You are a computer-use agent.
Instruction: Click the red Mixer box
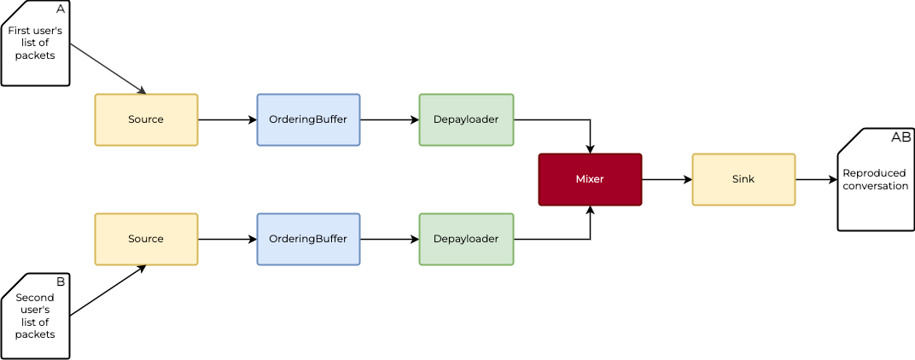(x=590, y=179)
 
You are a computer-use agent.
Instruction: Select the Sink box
(x=743, y=179)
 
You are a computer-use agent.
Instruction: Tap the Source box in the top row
(x=146, y=119)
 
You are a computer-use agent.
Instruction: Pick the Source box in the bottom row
(x=146, y=239)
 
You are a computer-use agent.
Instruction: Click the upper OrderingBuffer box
(x=308, y=119)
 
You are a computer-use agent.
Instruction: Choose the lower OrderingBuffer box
(x=308, y=239)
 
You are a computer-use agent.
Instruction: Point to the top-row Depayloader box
(x=466, y=119)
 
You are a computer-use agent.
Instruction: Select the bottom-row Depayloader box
(x=466, y=239)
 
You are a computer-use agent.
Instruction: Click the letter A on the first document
(x=60, y=9)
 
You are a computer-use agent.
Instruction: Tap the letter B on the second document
(x=60, y=282)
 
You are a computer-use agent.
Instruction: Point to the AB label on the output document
(x=900, y=136)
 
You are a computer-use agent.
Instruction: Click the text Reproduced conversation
(x=875, y=179)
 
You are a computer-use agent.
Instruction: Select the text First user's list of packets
(x=35, y=43)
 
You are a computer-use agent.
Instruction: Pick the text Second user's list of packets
(x=35, y=316)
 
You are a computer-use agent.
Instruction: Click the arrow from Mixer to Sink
(x=667, y=179)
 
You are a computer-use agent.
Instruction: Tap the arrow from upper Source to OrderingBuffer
(x=227, y=119)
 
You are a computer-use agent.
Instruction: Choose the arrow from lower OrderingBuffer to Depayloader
(x=389, y=239)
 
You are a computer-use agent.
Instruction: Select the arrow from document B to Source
(x=108, y=291)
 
